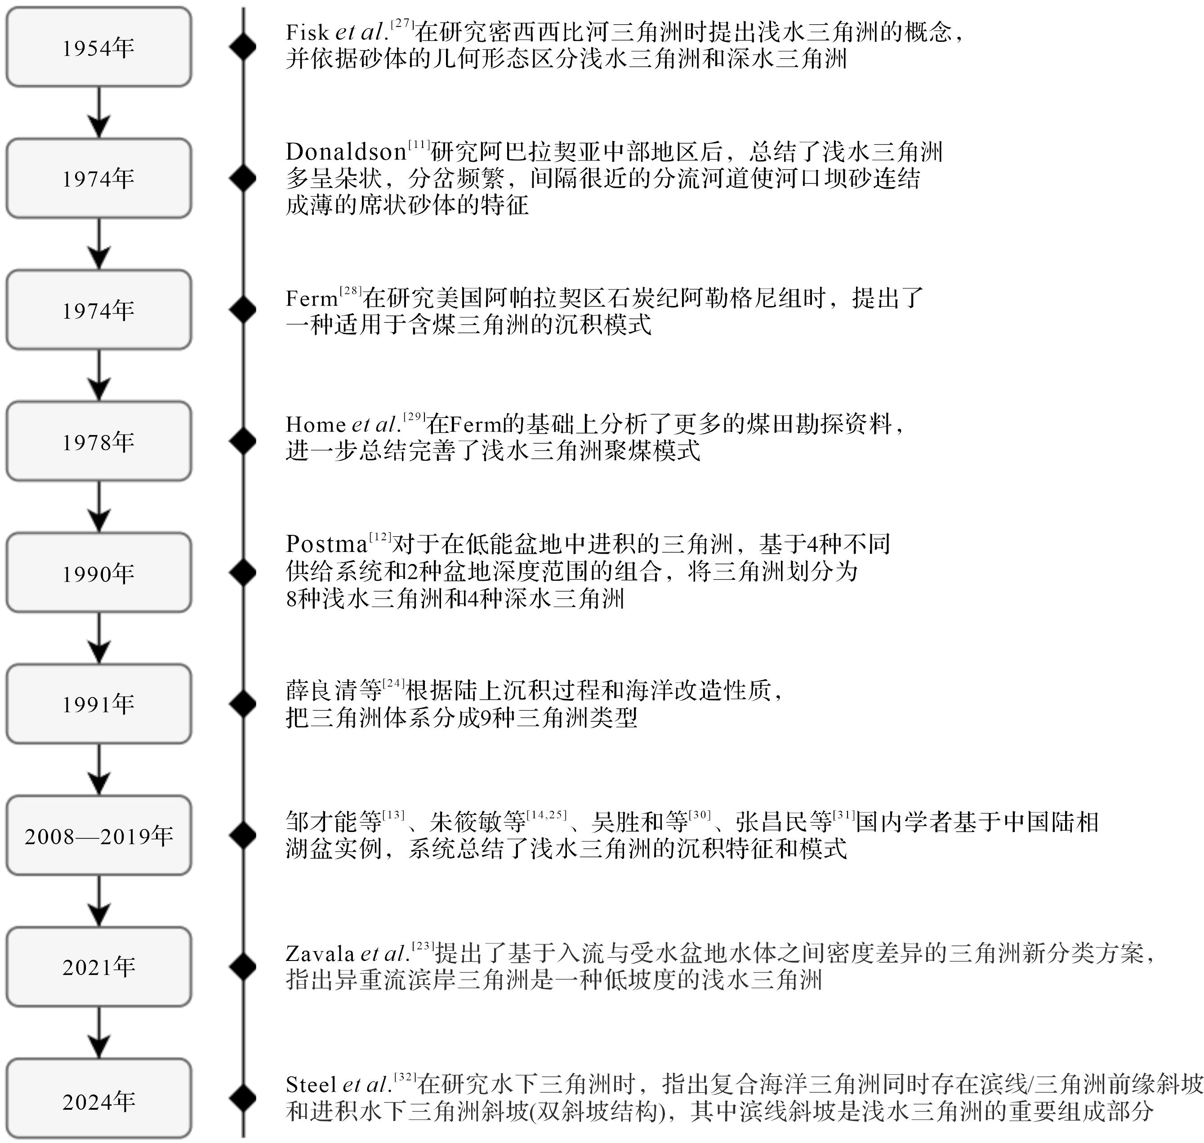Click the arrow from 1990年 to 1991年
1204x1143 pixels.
pos(99,638)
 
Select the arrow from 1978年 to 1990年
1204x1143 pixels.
pos(99,506)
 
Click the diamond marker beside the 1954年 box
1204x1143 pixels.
pos(243,47)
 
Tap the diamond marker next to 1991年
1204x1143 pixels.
pos(243,704)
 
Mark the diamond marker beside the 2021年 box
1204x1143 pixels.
pos(243,968)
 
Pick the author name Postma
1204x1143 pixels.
pos(326,543)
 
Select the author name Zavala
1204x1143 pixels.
pos(320,953)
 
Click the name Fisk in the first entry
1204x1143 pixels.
pos(307,32)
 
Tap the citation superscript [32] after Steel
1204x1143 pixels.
pos(405,1077)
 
